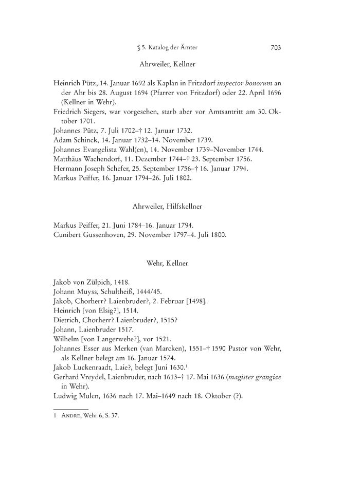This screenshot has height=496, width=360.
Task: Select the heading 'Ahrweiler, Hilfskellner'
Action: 167,206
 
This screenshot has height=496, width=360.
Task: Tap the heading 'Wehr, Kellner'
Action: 167,263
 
